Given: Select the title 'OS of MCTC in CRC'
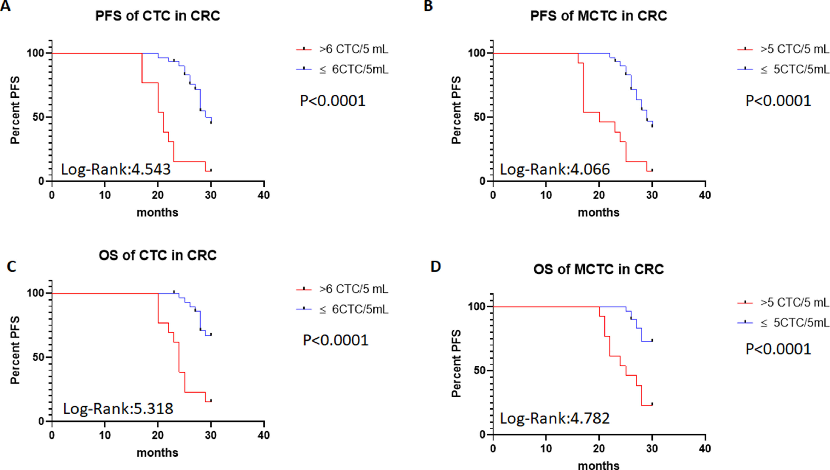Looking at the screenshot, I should pos(598,269).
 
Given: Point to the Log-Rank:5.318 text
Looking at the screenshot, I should pos(118,409).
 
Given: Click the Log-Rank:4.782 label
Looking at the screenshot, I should pos(555,418).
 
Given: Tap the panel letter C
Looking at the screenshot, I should pos(12,267).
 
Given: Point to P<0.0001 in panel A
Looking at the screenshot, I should pos(333,101).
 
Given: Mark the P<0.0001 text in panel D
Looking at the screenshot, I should pos(778,349).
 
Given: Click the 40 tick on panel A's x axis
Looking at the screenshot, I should pos(264,195).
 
